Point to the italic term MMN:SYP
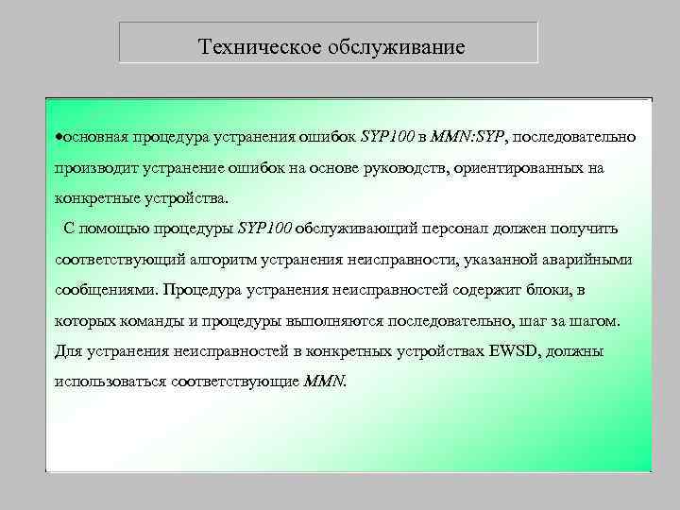[468, 137]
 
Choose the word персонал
[450, 229]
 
